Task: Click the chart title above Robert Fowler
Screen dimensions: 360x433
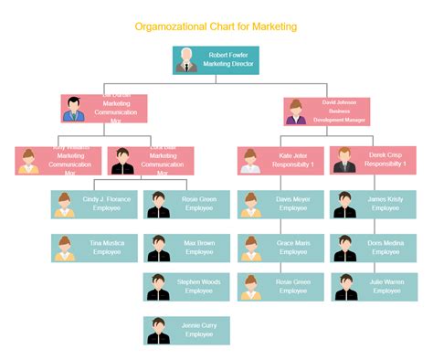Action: point(216,26)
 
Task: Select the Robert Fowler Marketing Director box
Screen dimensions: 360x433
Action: point(216,60)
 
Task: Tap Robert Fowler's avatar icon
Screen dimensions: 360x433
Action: point(186,60)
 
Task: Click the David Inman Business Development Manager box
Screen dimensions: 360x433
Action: point(326,111)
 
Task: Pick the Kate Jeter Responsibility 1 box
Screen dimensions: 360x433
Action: point(280,161)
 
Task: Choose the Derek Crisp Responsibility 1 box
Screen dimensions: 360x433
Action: point(373,161)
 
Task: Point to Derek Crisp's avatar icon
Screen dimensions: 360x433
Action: point(344,161)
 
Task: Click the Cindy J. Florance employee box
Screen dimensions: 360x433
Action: point(94,204)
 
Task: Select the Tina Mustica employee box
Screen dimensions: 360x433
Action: point(94,248)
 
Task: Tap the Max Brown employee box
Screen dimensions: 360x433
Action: point(186,248)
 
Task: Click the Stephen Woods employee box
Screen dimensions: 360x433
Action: point(186,287)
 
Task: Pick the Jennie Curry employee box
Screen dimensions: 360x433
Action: point(186,330)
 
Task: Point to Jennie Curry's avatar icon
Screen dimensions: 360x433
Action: point(159,330)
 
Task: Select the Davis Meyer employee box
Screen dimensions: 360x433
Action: point(280,204)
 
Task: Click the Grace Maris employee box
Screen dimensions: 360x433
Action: point(280,248)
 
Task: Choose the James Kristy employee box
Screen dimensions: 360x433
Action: point(373,204)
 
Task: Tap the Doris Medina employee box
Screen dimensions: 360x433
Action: point(373,248)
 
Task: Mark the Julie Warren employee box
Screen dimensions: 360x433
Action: point(373,287)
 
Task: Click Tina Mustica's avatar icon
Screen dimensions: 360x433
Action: point(65,248)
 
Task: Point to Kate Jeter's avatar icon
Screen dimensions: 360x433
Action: point(251,161)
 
